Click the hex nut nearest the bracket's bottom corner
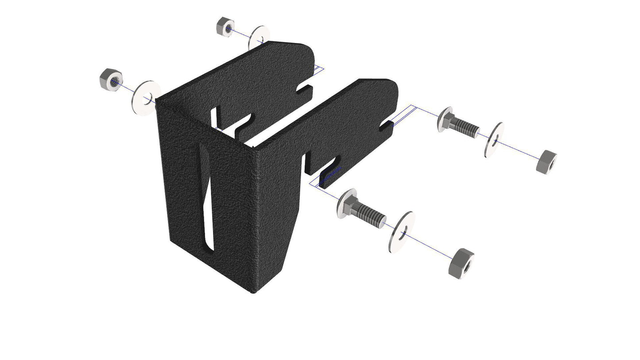coord(461,263)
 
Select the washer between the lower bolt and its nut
coord(401,232)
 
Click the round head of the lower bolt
coord(346,203)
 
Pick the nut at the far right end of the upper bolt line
coord(546,162)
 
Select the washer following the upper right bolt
coord(494,139)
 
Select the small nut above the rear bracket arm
coord(225,27)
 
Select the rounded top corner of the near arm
coord(390,86)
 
